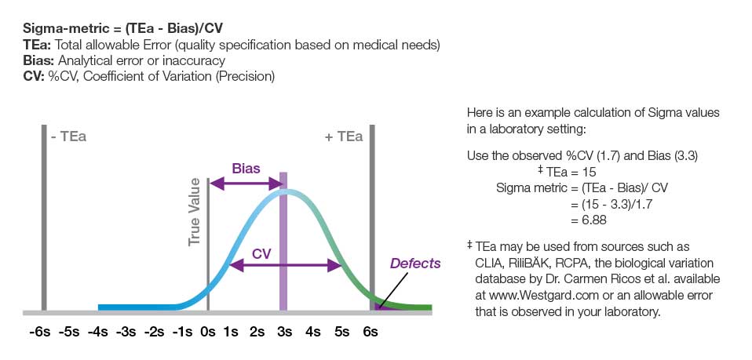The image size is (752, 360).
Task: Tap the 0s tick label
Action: point(207,332)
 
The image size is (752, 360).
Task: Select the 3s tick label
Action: point(284,332)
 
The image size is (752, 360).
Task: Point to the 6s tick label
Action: point(370,332)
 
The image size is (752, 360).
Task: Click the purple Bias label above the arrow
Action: point(246,168)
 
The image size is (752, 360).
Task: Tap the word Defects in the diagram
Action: point(415,264)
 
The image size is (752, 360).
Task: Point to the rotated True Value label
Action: point(195,213)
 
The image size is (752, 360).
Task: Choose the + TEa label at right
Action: point(343,136)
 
